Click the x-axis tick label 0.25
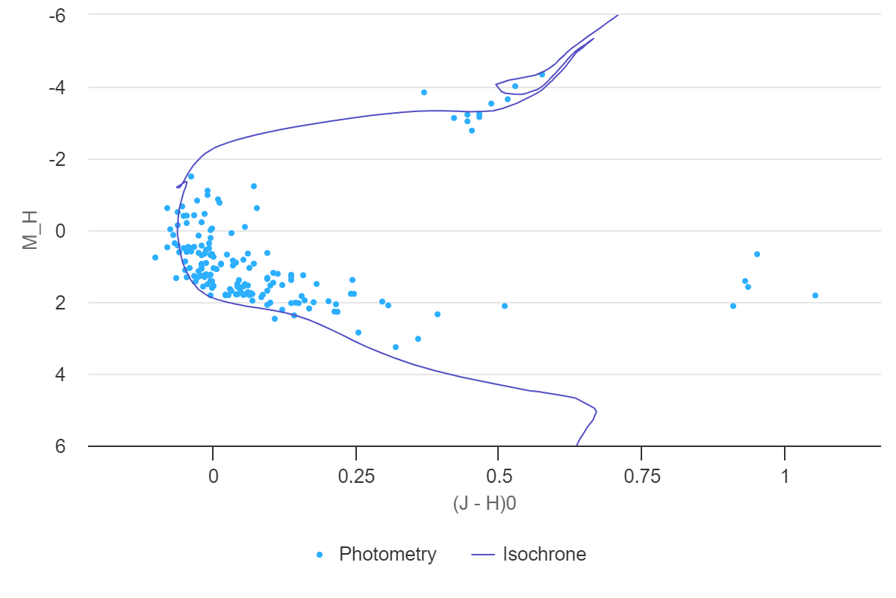pyautogui.click(x=355, y=476)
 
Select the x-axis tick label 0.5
pyautogui.click(x=499, y=476)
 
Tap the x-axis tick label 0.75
pyautogui.click(x=641, y=476)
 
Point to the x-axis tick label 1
pyautogui.click(x=785, y=476)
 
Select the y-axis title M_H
pyautogui.click(x=30, y=231)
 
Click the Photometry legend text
pyautogui.click(x=388, y=555)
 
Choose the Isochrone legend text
pyautogui.click(x=544, y=555)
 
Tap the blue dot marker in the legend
pyautogui.click(x=320, y=555)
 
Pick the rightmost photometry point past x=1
pyautogui.click(x=815, y=295)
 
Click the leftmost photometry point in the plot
pyautogui.click(x=155, y=257)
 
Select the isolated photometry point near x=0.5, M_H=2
pyautogui.click(x=505, y=306)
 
